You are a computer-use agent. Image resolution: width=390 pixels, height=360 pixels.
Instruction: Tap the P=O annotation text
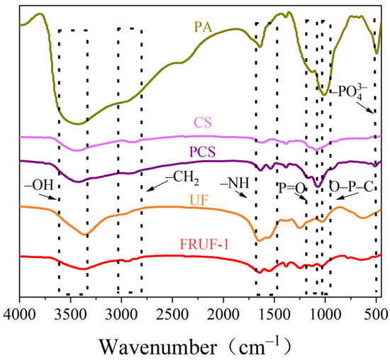point(292,186)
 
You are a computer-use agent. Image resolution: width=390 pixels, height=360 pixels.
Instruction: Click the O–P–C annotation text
point(350,186)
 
